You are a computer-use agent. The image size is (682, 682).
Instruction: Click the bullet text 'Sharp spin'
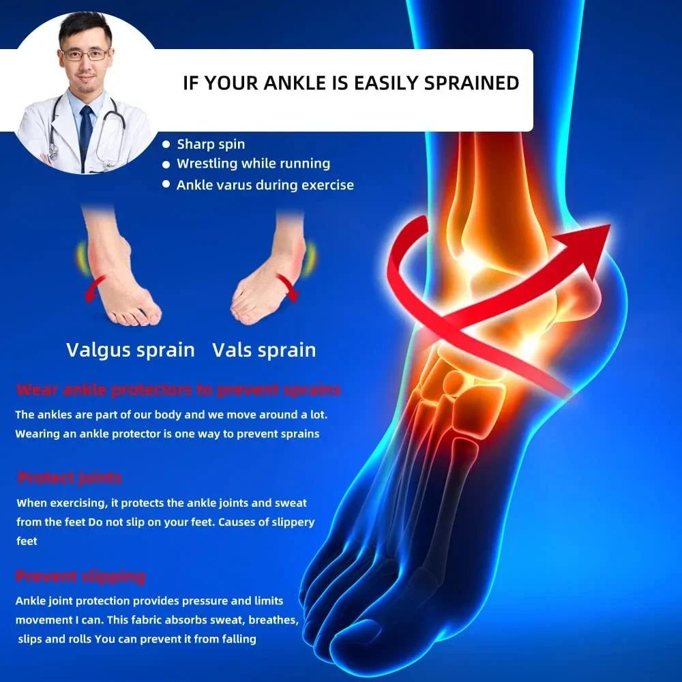coord(211,144)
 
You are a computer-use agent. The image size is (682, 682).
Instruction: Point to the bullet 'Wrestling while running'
coord(253,164)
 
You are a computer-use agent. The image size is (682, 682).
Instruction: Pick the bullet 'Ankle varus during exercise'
coord(265,185)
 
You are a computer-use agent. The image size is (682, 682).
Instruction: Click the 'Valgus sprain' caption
coord(130,350)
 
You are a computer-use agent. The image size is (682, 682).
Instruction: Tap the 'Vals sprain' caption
coord(264,350)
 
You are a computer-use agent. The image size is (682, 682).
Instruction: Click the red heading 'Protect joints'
coord(70,477)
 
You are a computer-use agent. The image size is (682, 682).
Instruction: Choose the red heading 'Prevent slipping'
coord(80,576)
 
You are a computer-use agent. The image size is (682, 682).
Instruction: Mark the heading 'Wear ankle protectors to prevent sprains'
coord(178,390)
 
